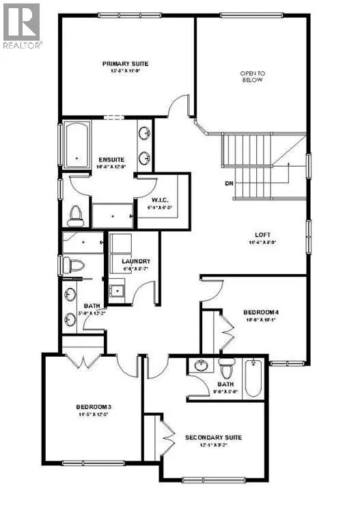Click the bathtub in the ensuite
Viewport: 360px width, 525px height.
[76, 145]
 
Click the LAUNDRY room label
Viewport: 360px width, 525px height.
[135, 261]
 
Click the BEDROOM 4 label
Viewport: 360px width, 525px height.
[260, 312]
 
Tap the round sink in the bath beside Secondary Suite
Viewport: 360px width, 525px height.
[200, 366]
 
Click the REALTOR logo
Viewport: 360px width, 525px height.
[22, 25]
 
